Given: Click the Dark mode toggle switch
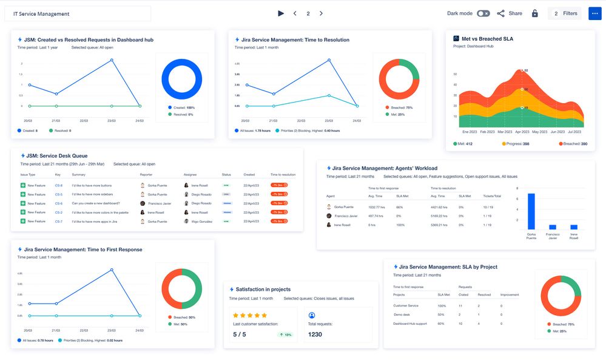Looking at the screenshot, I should [x=483, y=13].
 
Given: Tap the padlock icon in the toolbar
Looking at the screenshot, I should [x=534, y=13].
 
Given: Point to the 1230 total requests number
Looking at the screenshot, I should [x=315, y=335].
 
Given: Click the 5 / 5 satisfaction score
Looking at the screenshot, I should [x=240, y=335].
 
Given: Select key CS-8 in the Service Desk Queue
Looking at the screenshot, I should [x=59, y=185].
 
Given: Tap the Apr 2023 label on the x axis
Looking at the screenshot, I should [x=522, y=131].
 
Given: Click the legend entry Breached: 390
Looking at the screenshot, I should [x=573, y=144].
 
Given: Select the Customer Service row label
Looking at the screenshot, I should [x=406, y=305].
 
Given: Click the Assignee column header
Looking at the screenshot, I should [x=190, y=174].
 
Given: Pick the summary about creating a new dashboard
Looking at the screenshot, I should [x=96, y=203].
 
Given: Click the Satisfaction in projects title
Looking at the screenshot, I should [x=263, y=290].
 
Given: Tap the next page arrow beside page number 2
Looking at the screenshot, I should [x=321, y=13].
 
